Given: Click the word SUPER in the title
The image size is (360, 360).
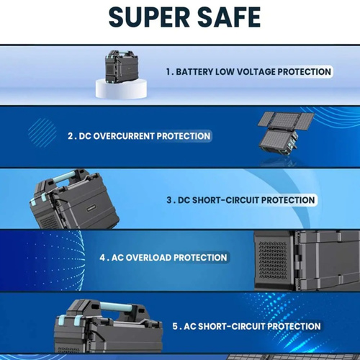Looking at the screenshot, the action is coord(149,17).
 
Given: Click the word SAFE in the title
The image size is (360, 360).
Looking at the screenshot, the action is coord(229,17).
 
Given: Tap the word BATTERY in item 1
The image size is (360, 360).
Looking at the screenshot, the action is coord(194,72).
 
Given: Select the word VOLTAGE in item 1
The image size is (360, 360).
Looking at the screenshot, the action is coord(256,72).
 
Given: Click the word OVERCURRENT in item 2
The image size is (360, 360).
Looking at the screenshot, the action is coord(124,136).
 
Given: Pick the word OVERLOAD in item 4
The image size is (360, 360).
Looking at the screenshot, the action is coord(148,258).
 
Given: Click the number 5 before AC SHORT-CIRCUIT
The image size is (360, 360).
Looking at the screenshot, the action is coord(175,326).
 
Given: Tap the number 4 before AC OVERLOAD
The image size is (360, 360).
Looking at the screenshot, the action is coord(102,258).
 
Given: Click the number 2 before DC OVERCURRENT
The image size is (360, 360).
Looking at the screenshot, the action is coord(71,136).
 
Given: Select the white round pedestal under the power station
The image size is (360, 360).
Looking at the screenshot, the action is coord(121,89).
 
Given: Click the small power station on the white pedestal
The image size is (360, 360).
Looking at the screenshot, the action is coord(122,66).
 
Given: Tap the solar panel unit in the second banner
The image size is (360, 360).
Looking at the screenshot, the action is coord(286,132).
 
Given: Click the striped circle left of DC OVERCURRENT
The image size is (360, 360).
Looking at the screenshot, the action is coord(42,132).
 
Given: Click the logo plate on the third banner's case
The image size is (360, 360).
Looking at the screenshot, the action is coord(91,208).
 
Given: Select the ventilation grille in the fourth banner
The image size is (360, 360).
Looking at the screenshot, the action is coord(273,261).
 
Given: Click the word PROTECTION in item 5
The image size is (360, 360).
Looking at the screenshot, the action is coord(294,326).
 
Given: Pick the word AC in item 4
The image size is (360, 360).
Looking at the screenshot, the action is coord(117,258).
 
